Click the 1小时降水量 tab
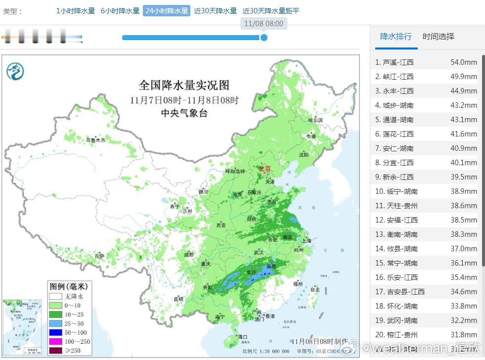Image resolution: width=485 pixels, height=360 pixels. [x=75, y=11]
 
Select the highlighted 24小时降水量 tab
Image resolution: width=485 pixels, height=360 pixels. [x=167, y=11]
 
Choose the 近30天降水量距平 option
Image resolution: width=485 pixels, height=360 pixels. [x=271, y=11]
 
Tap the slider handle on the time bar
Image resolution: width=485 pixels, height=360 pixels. [x=264, y=37]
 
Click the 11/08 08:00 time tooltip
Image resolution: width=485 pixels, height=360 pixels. [x=264, y=23]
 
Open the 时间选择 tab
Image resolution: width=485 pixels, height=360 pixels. [x=438, y=37]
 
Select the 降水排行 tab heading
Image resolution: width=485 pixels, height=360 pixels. [x=396, y=37]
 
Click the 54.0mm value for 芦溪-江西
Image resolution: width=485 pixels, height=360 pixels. [x=463, y=62]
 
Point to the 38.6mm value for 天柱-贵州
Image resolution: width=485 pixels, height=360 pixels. [x=463, y=206]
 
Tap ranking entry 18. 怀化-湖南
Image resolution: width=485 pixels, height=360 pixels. [x=396, y=306]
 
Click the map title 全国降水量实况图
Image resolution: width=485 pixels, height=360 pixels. [x=184, y=85]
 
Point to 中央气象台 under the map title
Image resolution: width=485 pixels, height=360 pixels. [x=184, y=113]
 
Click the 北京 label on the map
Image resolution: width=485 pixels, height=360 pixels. [x=265, y=169]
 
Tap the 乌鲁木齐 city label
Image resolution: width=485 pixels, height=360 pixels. [x=95, y=140]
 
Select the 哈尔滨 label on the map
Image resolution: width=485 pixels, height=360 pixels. [x=315, y=120]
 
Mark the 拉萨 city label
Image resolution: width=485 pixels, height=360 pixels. [x=99, y=256]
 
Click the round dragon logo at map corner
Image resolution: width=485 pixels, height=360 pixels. [x=15, y=72]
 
